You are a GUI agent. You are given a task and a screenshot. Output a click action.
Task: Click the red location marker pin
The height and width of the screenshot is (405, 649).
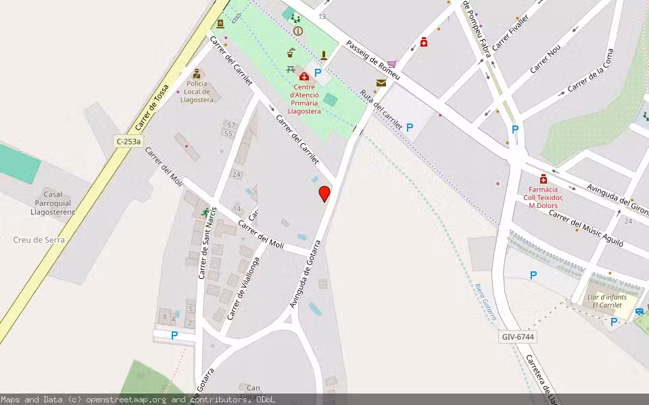click(x=324, y=194)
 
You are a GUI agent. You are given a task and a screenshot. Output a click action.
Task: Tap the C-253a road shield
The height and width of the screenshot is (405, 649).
click(x=128, y=141)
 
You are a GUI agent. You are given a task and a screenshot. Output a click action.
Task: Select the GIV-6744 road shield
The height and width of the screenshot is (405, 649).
click(x=519, y=336)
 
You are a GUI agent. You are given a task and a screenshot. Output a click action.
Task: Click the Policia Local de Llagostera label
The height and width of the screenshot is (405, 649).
click(x=197, y=92)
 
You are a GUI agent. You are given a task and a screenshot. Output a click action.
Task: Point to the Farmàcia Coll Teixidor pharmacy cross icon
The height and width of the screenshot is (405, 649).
click(x=544, y=179)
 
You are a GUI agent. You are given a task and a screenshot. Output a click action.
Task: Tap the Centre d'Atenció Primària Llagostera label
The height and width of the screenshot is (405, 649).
click(x=304, y=99)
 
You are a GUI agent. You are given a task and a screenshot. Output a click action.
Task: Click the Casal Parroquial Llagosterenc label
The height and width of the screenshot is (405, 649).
click(x=53, y=203)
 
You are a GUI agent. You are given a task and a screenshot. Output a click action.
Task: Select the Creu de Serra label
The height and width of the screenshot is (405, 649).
click(x=39, y=240)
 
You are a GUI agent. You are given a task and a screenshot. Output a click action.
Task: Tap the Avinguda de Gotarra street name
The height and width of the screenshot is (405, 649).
click(x=305, y=273)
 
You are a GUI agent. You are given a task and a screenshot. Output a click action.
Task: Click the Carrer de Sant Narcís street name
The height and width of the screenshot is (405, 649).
click(x=206, y=243)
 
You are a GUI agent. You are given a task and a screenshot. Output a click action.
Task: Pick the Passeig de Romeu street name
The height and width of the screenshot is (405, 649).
click(x=372, y=60)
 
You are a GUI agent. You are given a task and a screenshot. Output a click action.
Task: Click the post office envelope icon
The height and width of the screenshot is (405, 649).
click(x=381, y=83)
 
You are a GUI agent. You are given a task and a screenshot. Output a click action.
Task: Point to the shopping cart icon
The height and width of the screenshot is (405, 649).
click(x=391, y=64)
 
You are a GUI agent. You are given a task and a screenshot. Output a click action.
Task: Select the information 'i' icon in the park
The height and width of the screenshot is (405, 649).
click(x=297, y=31)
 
